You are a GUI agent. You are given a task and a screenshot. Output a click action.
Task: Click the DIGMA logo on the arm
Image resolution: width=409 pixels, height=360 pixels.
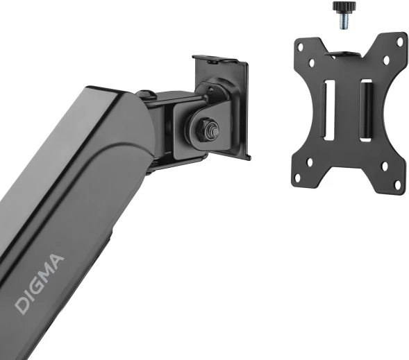click(x=39, y=284)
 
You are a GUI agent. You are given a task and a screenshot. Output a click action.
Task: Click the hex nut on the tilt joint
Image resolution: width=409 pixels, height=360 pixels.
click(x=206, y=129)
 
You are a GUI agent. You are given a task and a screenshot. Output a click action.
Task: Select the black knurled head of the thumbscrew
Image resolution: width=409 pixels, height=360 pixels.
click(x=344, y=6)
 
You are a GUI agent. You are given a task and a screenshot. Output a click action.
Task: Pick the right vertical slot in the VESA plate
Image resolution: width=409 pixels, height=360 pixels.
click(x=366, y=110)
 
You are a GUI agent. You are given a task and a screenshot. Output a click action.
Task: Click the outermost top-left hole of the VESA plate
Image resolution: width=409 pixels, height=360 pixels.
click(x=301, y=47)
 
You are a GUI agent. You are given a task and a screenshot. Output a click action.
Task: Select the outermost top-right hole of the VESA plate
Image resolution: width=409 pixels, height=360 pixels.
click(x=400, y=41)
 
